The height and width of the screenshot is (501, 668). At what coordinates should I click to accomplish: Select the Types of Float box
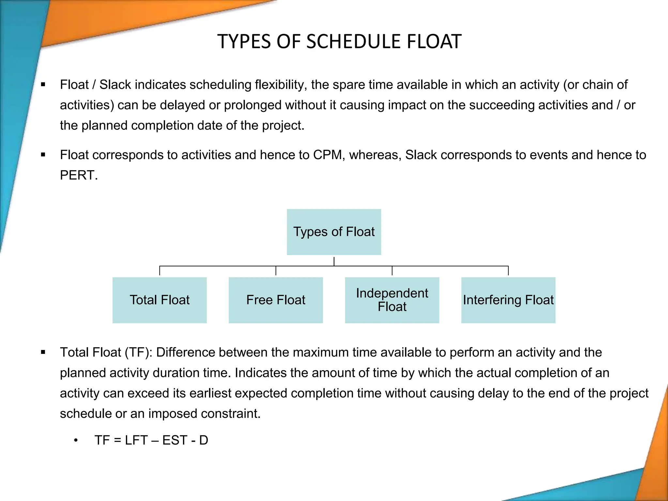coord(334,232)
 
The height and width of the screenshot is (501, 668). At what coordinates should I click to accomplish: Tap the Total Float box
coord(159,300)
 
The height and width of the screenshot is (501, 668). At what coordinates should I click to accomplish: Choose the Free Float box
coord(276,300)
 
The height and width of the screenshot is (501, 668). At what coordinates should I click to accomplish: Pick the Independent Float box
coord(392,300)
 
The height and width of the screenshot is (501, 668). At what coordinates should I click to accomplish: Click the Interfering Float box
coord(508,300)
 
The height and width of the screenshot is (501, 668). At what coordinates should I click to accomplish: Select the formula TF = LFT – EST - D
coord(151,440)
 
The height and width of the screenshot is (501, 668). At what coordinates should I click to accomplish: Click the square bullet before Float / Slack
coord(43,85)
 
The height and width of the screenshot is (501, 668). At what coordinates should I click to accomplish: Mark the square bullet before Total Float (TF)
coord(43,352)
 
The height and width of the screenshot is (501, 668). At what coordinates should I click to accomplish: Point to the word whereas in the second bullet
coord(375,155)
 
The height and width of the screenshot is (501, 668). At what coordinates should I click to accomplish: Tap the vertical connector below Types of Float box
coord(334,261)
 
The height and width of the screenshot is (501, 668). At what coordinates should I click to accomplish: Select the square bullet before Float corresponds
coord(43,155)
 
